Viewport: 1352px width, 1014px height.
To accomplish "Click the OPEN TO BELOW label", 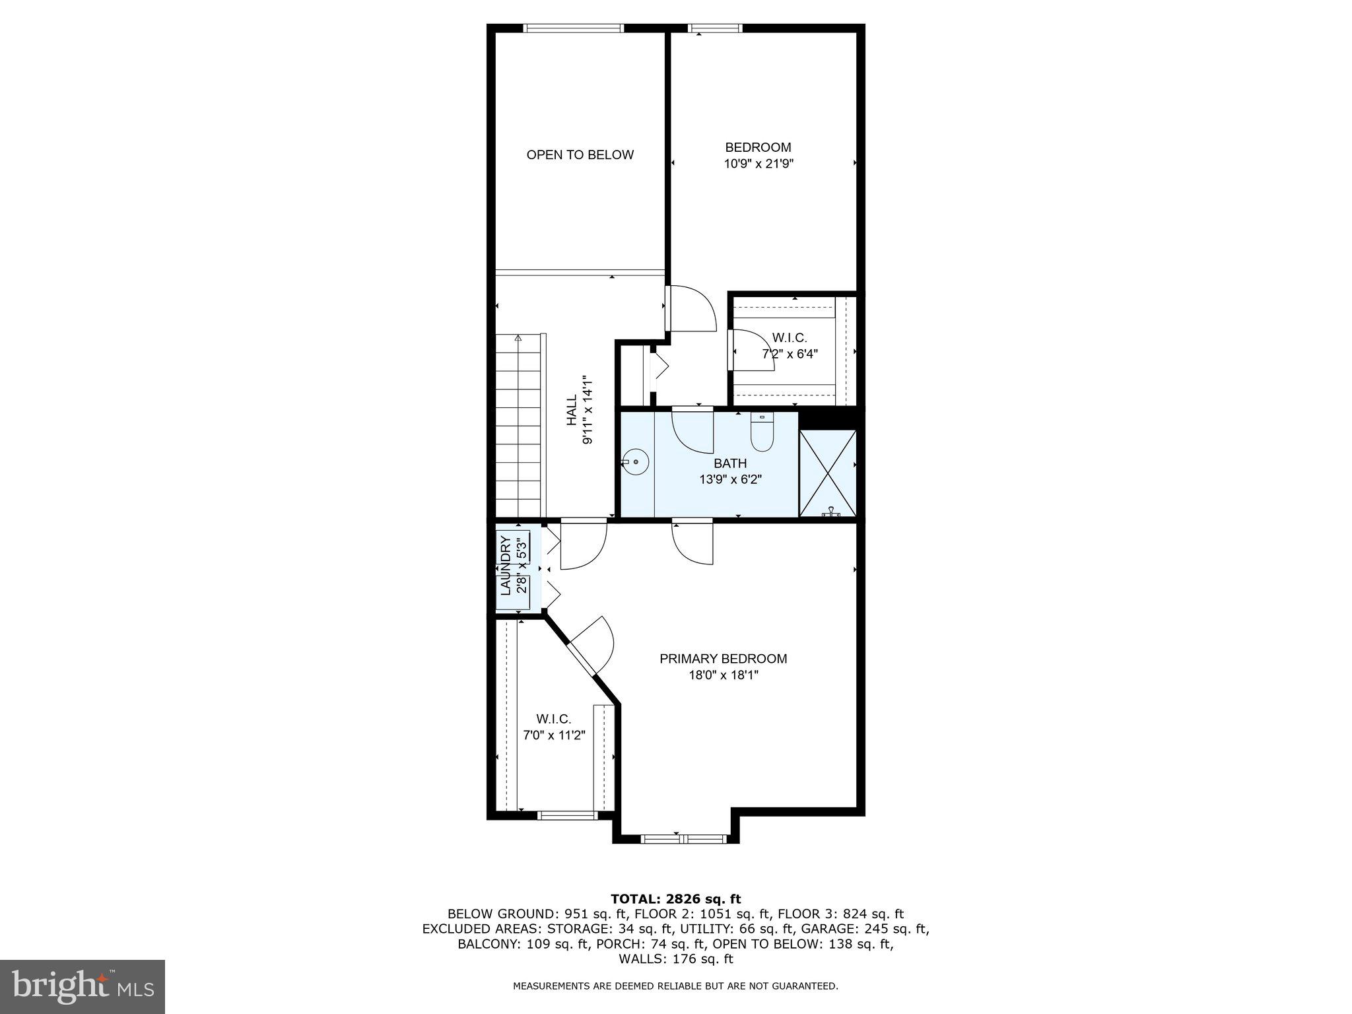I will pyautogui.click(x=580, y=154).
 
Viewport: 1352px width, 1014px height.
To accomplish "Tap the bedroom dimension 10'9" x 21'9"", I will pyautogui.click(x=758, y=164).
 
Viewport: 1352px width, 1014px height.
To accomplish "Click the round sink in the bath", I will pyautogui.click(x=636, y=461).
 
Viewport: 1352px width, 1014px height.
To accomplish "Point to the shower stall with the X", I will pyautogui.click(x=827, y=473).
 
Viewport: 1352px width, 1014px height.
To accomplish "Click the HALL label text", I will pyautogui.click(x=572, y=409).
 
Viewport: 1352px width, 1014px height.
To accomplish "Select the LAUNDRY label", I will pyautogui.click(x=506, y=566).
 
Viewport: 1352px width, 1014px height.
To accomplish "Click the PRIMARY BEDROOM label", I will pyautogui.click(x=723, y=659).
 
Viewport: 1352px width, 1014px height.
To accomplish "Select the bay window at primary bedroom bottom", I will pyautogui.click(x=683, y=839).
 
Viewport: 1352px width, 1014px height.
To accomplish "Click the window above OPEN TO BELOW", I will pyautogui.click(x=573, y=28).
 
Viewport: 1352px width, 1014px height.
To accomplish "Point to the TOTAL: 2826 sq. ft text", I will pyautogui.click(x=675, y=898).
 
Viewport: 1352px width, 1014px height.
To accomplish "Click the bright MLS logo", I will pyautogui.click(x=83, y=986).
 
